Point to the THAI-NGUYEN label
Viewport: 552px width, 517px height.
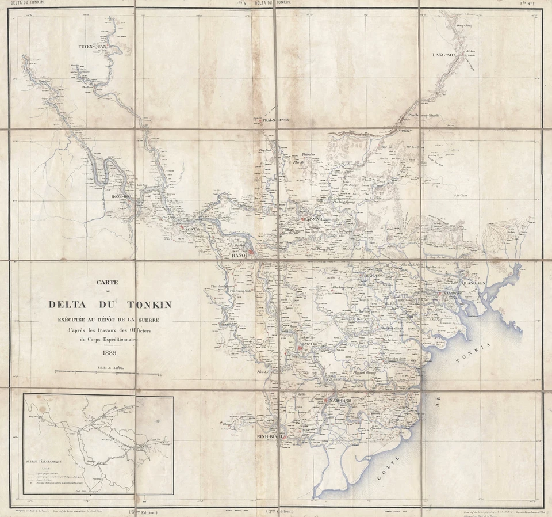[275, 120]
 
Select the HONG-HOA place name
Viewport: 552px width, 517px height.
[121, 197]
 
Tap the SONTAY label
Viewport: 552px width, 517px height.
[192, 229]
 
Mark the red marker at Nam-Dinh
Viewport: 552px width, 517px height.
[325, 400]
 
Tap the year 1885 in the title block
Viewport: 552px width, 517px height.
[111, 353]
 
